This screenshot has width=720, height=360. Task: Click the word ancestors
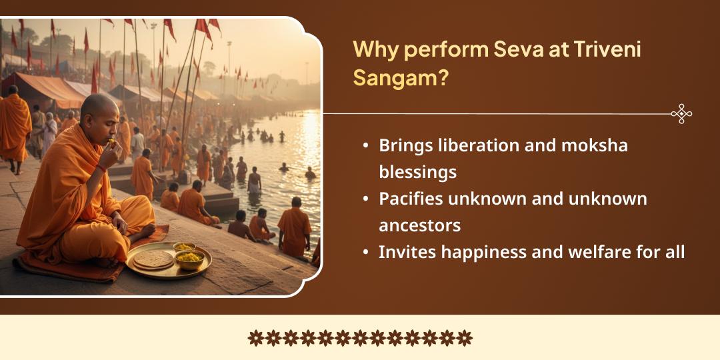pyautogui.click(x=419, y=225)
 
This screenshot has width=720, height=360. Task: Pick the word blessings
pyautogui.click(x=417, y=172)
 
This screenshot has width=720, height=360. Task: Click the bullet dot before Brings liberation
pyautogui.click(x=366, y=145)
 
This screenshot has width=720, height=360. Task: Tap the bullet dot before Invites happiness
pyautogui.click(x=366, y=252)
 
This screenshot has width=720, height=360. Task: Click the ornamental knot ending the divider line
pyautogui.click(x=681, y=114)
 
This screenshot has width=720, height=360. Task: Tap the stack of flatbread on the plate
pyautogui.click(x=153, y=259)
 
